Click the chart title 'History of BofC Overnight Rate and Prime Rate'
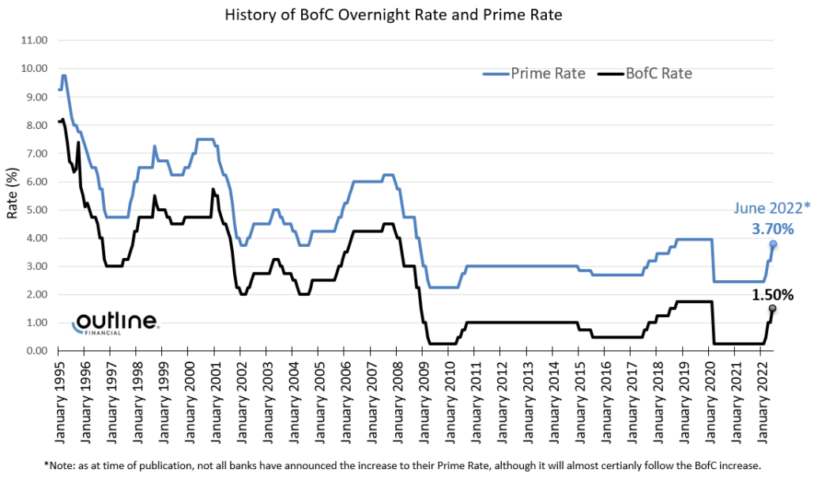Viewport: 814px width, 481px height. (x=407, y=15)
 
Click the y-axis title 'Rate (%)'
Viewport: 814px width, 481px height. (x=12, y=195)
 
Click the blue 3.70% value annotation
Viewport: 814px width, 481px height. (x=770, y=228)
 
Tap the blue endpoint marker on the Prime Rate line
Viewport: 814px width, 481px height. (x=772, y=244)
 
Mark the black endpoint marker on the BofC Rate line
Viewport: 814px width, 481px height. (x=772, y=309)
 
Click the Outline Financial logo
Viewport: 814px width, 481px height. (x=115, y=324)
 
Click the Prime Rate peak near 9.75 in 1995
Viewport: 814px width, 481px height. (x=63, y=76)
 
